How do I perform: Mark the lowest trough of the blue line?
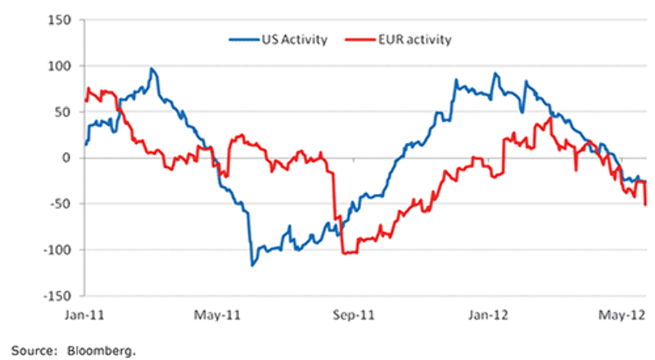[x=252, y=265]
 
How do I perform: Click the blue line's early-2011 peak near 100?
[x=151, y=69]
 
